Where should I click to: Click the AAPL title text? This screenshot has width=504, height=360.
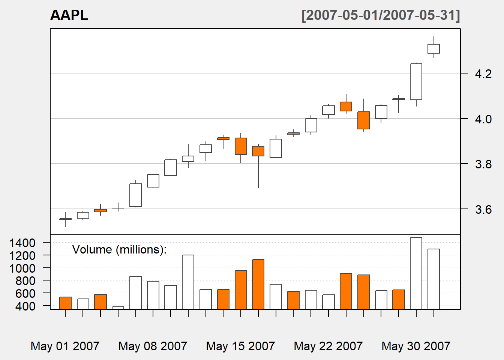click(69, 15)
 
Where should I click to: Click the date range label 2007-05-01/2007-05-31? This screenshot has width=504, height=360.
click(381, 15)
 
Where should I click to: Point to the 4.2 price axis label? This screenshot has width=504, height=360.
click(483, 74)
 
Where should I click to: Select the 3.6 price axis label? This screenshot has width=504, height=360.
click(483, 209)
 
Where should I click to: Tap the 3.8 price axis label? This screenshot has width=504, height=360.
click(483, 164)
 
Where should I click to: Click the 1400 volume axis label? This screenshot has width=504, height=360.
click(22, 243)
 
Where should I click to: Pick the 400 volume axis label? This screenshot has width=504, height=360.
click(25, 306)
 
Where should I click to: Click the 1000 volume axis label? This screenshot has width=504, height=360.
click(22, 268)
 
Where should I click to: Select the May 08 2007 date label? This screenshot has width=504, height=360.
click(153, 346)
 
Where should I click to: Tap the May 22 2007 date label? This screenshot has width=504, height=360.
click(328, 346)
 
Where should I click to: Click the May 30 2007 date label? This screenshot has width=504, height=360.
click(416, 346)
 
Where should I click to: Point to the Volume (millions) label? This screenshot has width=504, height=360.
click(119, 249)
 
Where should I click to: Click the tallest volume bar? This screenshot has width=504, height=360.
click(416, 273)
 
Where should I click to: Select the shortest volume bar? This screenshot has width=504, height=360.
click(118, 308)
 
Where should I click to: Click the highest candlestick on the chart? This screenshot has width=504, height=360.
click(433, 49)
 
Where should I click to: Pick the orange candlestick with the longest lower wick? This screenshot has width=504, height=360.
click(258, 151)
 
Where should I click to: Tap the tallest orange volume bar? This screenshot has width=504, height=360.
click(258, 284)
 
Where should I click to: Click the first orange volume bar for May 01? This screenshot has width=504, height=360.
click(65, 303)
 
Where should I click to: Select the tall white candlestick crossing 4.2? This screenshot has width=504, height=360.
click(416, 82)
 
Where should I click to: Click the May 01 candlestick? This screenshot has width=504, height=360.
click(65, 219)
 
